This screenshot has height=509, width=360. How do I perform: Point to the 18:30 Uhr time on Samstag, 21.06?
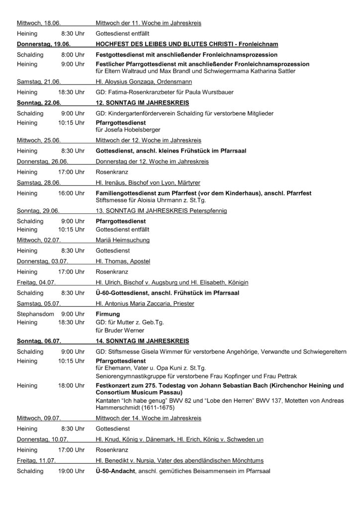[x=71, y=92]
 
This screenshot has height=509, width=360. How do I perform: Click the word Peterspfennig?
[x=205, y=211]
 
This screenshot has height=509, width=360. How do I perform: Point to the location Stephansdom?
[x=35, y=314]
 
